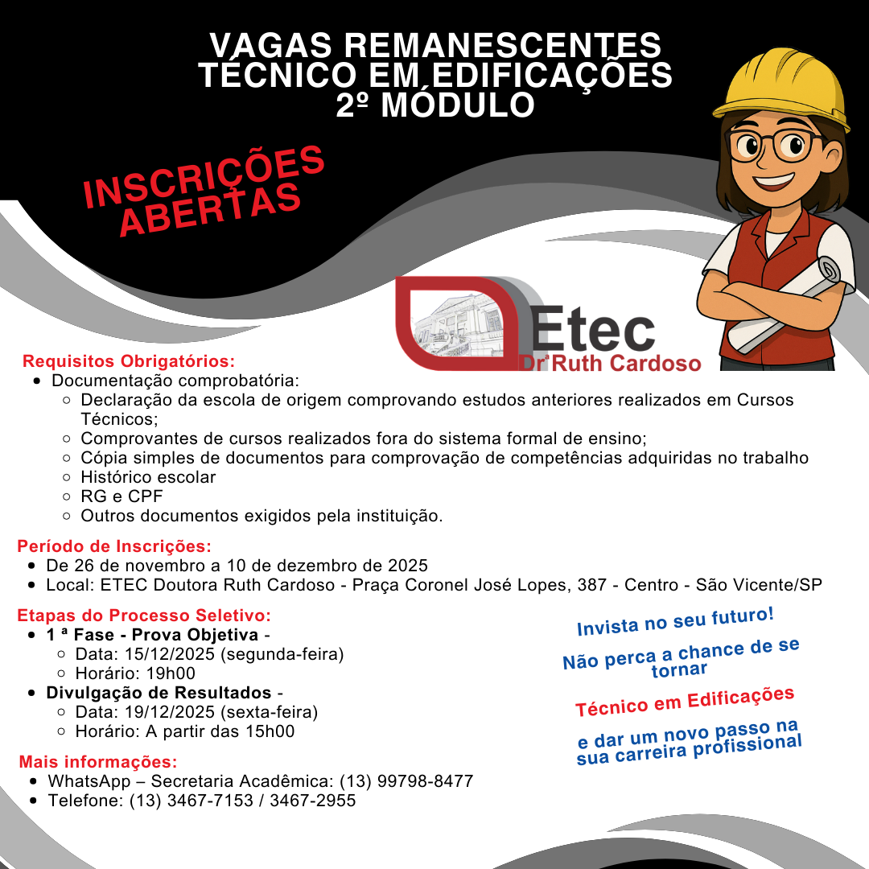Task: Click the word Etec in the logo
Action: (595, 330)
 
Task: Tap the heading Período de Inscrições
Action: (115, 546)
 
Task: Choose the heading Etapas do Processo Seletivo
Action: (144, 616)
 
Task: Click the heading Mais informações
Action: (98, 761)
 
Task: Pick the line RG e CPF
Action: (121, 496)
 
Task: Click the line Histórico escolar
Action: (148, 477)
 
